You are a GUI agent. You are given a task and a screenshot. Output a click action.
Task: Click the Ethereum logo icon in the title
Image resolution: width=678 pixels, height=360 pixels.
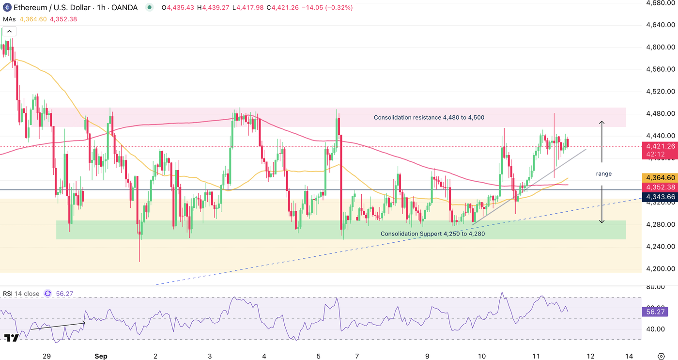point(7,7)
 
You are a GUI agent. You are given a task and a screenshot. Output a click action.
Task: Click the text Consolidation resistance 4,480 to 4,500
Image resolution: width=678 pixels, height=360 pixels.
point(429,117)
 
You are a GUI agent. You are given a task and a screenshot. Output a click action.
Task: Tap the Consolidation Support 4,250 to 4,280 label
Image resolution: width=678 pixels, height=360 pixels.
point(432,234)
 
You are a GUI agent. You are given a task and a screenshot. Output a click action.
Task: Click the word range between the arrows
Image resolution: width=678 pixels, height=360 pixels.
point(603,173)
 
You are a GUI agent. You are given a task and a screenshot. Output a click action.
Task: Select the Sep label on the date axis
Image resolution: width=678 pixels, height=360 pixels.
point(101,356)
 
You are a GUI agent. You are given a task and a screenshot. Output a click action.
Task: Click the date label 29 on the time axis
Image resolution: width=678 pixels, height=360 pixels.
point(46,356)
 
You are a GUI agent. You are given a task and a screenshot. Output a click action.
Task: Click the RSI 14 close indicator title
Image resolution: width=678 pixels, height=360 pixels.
point(21,293)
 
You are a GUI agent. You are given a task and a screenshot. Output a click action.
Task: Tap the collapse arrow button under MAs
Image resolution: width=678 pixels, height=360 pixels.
point(10,31)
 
